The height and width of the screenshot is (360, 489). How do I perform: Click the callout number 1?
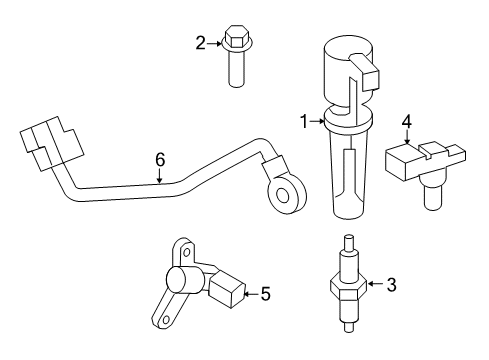click(x=304, y=122)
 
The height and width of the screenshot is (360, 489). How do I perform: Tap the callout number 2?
click(x=201, y=43)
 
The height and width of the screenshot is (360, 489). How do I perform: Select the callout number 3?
click(x=392, y=285)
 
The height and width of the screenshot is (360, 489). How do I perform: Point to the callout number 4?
click(x=407, y=122)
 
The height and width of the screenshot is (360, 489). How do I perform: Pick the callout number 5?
click(x=265, y=294)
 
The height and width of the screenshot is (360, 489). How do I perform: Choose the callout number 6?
click(x=160, y=160)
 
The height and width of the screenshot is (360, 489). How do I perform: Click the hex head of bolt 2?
click(x=237, y=37)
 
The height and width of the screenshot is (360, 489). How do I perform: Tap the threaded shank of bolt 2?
click(x=236, y=69)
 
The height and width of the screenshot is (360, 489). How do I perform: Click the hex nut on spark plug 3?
click(x=349, y=286)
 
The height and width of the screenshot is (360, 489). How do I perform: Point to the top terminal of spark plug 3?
click(x=349, y=243)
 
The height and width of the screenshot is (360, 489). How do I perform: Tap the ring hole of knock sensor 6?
click(x=283, y=196)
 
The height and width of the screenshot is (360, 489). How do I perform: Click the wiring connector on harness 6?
click(x=52, y=143)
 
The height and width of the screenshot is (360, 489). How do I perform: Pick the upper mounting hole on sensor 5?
click(x=187, y=252)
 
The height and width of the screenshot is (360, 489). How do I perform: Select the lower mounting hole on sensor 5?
click(x=166, y=320)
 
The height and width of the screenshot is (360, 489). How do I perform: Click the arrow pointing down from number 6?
click(x=160, y=176)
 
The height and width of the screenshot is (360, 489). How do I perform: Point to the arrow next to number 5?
click(x=252, y=294)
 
